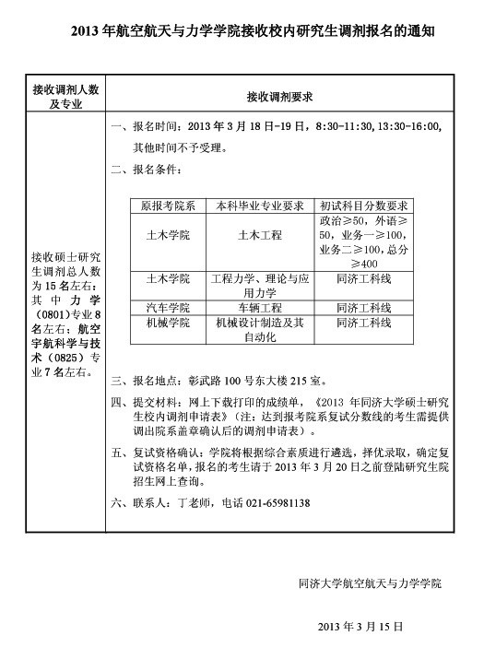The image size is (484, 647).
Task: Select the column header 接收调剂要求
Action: [280, 96]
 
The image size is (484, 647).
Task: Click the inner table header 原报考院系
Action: [167, 206]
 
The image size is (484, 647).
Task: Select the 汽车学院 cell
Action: [167, 307]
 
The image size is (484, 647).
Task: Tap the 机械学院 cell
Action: [167, 323]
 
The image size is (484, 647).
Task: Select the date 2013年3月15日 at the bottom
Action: [360, 626]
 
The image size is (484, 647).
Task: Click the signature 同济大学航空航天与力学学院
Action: [371, 583]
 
